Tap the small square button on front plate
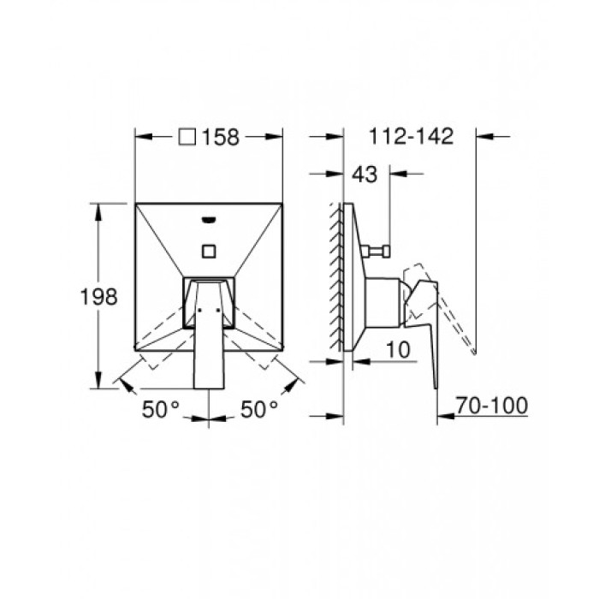click(x=209, y=252)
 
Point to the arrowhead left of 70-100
click(x=443, y=418)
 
